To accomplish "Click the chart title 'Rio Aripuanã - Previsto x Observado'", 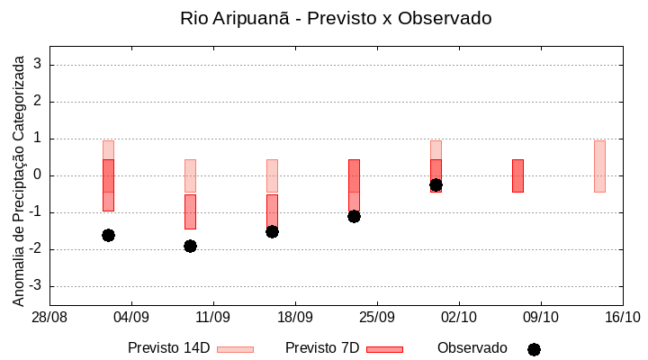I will click(x=336, y=18).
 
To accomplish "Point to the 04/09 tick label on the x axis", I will click(x=131, y=318).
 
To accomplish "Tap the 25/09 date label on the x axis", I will click(x=377, y=318).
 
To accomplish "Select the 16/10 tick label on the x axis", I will click(x=622, y=318).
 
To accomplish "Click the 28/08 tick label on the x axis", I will click(x=50, y=318).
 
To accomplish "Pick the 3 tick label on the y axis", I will click(x=39, y=65).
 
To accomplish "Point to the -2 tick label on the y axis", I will click(x=36, y=249).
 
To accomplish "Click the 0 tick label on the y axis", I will click(x=39, y=175).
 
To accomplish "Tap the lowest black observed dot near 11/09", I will click(x=190, y=246).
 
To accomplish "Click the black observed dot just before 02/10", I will click(x=436, y=184).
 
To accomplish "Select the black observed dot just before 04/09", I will click(x=108, y=235).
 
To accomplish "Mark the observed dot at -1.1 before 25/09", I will click(x=354, y=216).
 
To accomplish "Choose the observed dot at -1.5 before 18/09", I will click(x=272, y=231).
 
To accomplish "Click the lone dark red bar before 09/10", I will click(x=517, y=175).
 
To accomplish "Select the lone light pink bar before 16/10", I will click(x=599, y=166).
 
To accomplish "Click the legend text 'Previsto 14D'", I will click(x=168, y=348).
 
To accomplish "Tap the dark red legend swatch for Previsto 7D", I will click(x=384, y=349).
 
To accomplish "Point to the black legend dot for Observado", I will click(x=534, y=349).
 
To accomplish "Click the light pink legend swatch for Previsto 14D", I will click(x=235, y=349).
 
